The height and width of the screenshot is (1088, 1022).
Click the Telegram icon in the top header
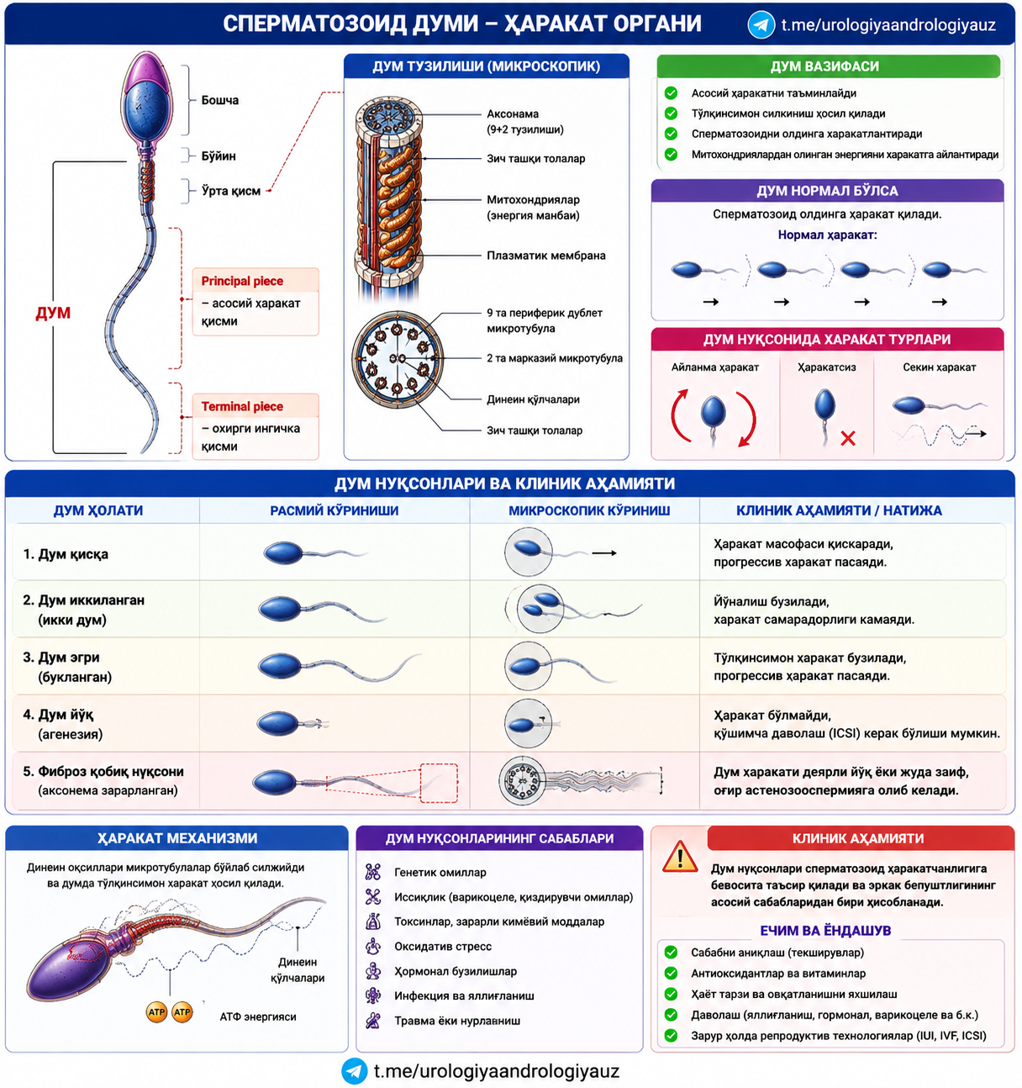click(761, 24)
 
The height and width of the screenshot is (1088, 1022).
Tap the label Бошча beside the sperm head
click(219, 100)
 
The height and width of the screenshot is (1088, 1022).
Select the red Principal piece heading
click(242, 281)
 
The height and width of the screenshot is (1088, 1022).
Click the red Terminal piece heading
click(242, 406)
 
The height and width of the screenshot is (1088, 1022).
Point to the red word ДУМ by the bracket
click(53, 313)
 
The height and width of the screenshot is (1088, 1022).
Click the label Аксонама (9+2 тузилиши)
click(524, 122)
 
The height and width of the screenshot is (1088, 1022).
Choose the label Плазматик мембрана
click(546, 256)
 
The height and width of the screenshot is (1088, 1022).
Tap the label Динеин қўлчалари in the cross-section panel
click(533, 399)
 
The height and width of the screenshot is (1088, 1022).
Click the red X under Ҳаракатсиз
click(848, 438)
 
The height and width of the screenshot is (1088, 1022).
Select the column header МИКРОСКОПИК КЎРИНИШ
click(589, 510)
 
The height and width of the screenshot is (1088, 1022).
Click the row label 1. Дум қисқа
click(66, 554)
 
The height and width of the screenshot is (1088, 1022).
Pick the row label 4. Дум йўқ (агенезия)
click(62, 724)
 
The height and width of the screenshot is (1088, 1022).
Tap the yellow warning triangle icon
click(680, 857)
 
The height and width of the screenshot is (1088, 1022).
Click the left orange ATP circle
click(156, 1011)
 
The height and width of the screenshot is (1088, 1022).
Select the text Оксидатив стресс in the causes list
click(443, 946)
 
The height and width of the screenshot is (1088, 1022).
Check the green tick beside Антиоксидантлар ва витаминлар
click(671, 973)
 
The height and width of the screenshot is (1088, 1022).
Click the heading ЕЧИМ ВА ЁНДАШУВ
click(825, 930)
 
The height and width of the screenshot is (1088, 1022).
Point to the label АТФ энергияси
click(257, 1017)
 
